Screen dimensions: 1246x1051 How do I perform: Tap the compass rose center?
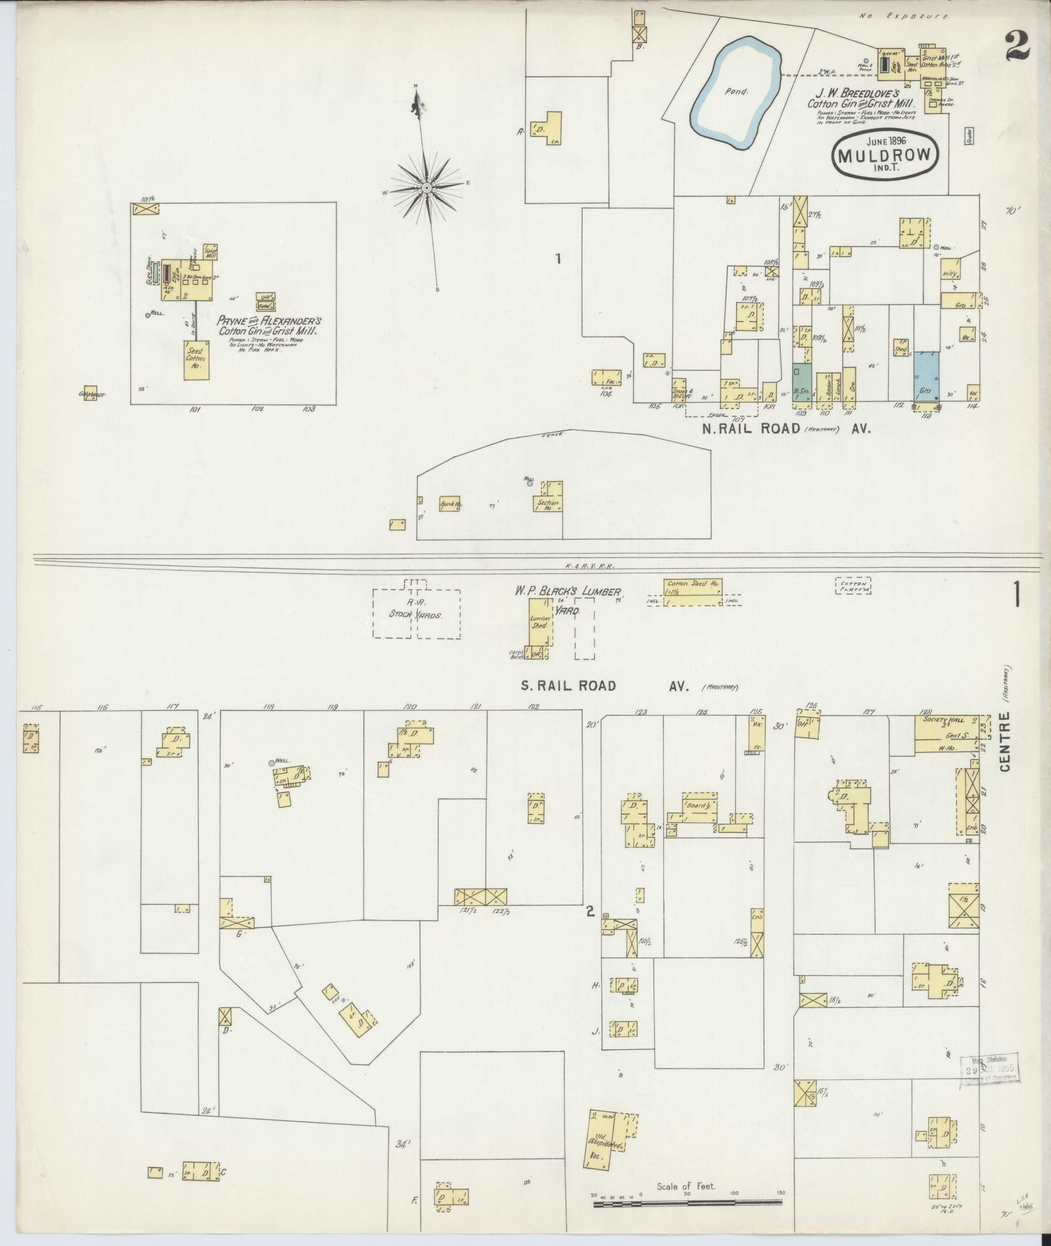click(426, 188)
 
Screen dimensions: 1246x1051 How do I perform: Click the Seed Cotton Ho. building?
click(195, 359)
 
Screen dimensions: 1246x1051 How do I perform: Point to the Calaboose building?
click(90, 393)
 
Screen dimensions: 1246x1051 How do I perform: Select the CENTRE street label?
click(1005, 743)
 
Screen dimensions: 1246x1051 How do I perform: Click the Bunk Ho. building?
click(449, 503)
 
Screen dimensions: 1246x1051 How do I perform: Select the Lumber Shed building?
click(541, 623)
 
